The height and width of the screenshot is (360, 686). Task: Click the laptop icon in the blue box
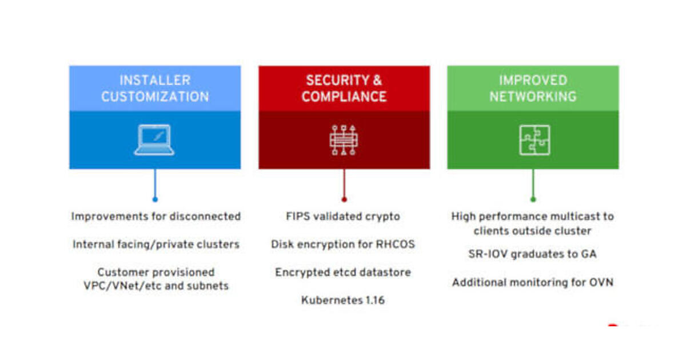click(154, 140)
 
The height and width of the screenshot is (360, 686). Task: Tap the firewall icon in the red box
click(344, 140)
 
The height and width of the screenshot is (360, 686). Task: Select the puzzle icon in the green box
click(534, 140)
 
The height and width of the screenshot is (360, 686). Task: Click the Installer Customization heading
click(155, 89)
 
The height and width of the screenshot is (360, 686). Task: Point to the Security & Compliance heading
click(344, 89)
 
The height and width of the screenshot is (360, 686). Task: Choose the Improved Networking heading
click(533, 89)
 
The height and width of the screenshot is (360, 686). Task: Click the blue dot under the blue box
click(155, 199)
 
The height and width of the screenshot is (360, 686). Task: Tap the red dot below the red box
click(344, 199)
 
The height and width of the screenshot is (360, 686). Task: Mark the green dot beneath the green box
click(533, 199)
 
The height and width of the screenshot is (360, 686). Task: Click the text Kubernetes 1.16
click(343, 300)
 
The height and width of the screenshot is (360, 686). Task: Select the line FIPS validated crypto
click(343, 217)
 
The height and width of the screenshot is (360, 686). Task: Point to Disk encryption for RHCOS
click(343, 245)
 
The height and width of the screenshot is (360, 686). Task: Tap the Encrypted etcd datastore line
click(343, 273)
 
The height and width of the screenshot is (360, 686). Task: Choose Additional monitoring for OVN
click(532, 282)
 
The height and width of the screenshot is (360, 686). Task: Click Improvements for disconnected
click(155, 217)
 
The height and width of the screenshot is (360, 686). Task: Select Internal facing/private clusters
click(155, 245)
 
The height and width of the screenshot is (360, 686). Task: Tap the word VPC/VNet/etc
click(119, 286)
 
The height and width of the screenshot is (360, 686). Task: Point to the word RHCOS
click(395, 245)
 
